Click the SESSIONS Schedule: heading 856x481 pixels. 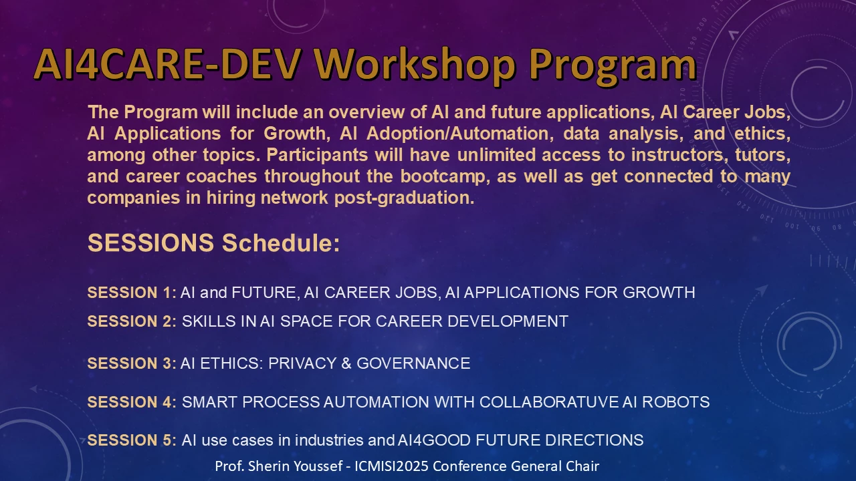[213, 243]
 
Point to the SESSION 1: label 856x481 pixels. [132, 293]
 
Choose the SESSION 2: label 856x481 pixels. [132, 321]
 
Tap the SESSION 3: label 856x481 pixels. [132, 363]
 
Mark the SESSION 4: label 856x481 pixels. [132, 402]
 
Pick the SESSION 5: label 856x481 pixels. [132, 440]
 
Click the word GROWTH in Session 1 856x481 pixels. [659, 293]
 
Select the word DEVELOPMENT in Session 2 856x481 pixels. [508, 321]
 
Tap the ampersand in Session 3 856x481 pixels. [346, 363]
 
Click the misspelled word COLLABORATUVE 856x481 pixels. [549, 402]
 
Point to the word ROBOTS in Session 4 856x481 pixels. [675, 402]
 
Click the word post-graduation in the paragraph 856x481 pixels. [405, 198]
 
